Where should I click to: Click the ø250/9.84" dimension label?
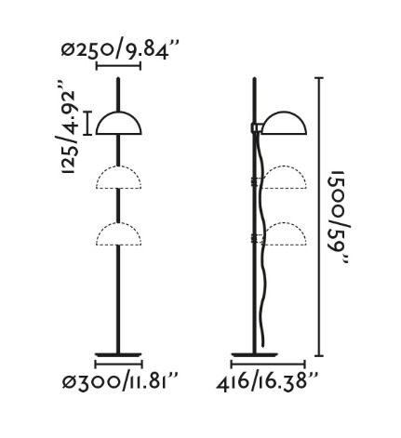point(120,51)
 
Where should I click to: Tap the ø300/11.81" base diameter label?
point(120,381)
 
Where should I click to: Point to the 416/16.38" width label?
point(267,381)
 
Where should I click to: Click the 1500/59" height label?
point(339,217)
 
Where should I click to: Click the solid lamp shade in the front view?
point(119,123)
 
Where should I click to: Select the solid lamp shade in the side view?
point(284,123)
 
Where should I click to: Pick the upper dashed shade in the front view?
point(119,178)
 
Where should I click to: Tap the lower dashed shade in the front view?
point(119,234)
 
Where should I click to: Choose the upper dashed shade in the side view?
point(285,178)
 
